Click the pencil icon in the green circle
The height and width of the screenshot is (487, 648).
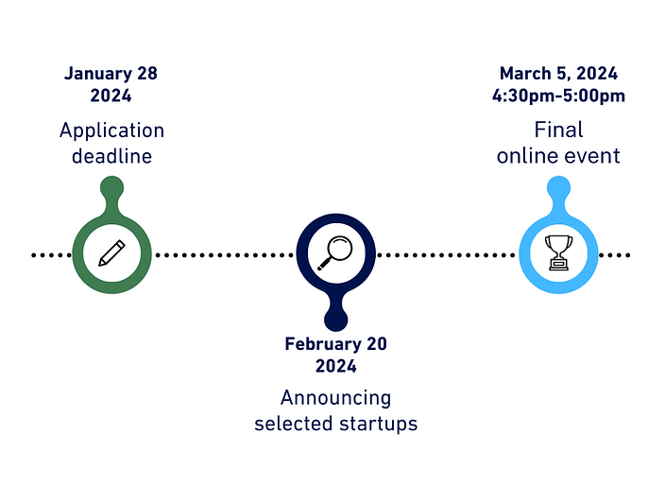[x=111, y=253]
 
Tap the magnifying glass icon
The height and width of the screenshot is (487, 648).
[x=335, y=253]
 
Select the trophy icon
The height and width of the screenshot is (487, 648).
[x=558, y=253]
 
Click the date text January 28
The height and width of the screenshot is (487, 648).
[x=111, y=73]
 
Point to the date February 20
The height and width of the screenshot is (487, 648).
[x=335, y=344]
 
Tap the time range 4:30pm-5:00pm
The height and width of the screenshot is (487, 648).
[x=558, y=96]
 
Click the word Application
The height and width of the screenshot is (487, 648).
[x=111, y=130]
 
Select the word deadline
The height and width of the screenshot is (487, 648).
[x=111, y=156]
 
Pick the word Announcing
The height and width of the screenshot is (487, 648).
[x=335, y=398]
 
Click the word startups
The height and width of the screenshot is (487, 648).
[x=379, y=424]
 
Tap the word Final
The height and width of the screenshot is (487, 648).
[x=558, y=130]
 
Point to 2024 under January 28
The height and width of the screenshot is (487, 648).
[x=111, y=96]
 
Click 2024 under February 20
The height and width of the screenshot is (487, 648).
[x=335, y=367]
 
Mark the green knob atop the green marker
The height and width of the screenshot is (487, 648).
[x=111, y=188]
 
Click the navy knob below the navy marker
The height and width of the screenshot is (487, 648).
[x=335, y=319]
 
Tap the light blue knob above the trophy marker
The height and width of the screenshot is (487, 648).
[x=558, y=188]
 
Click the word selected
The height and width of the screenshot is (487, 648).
[x=292, y=424]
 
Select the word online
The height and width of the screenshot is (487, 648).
[x=528, y=156]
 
